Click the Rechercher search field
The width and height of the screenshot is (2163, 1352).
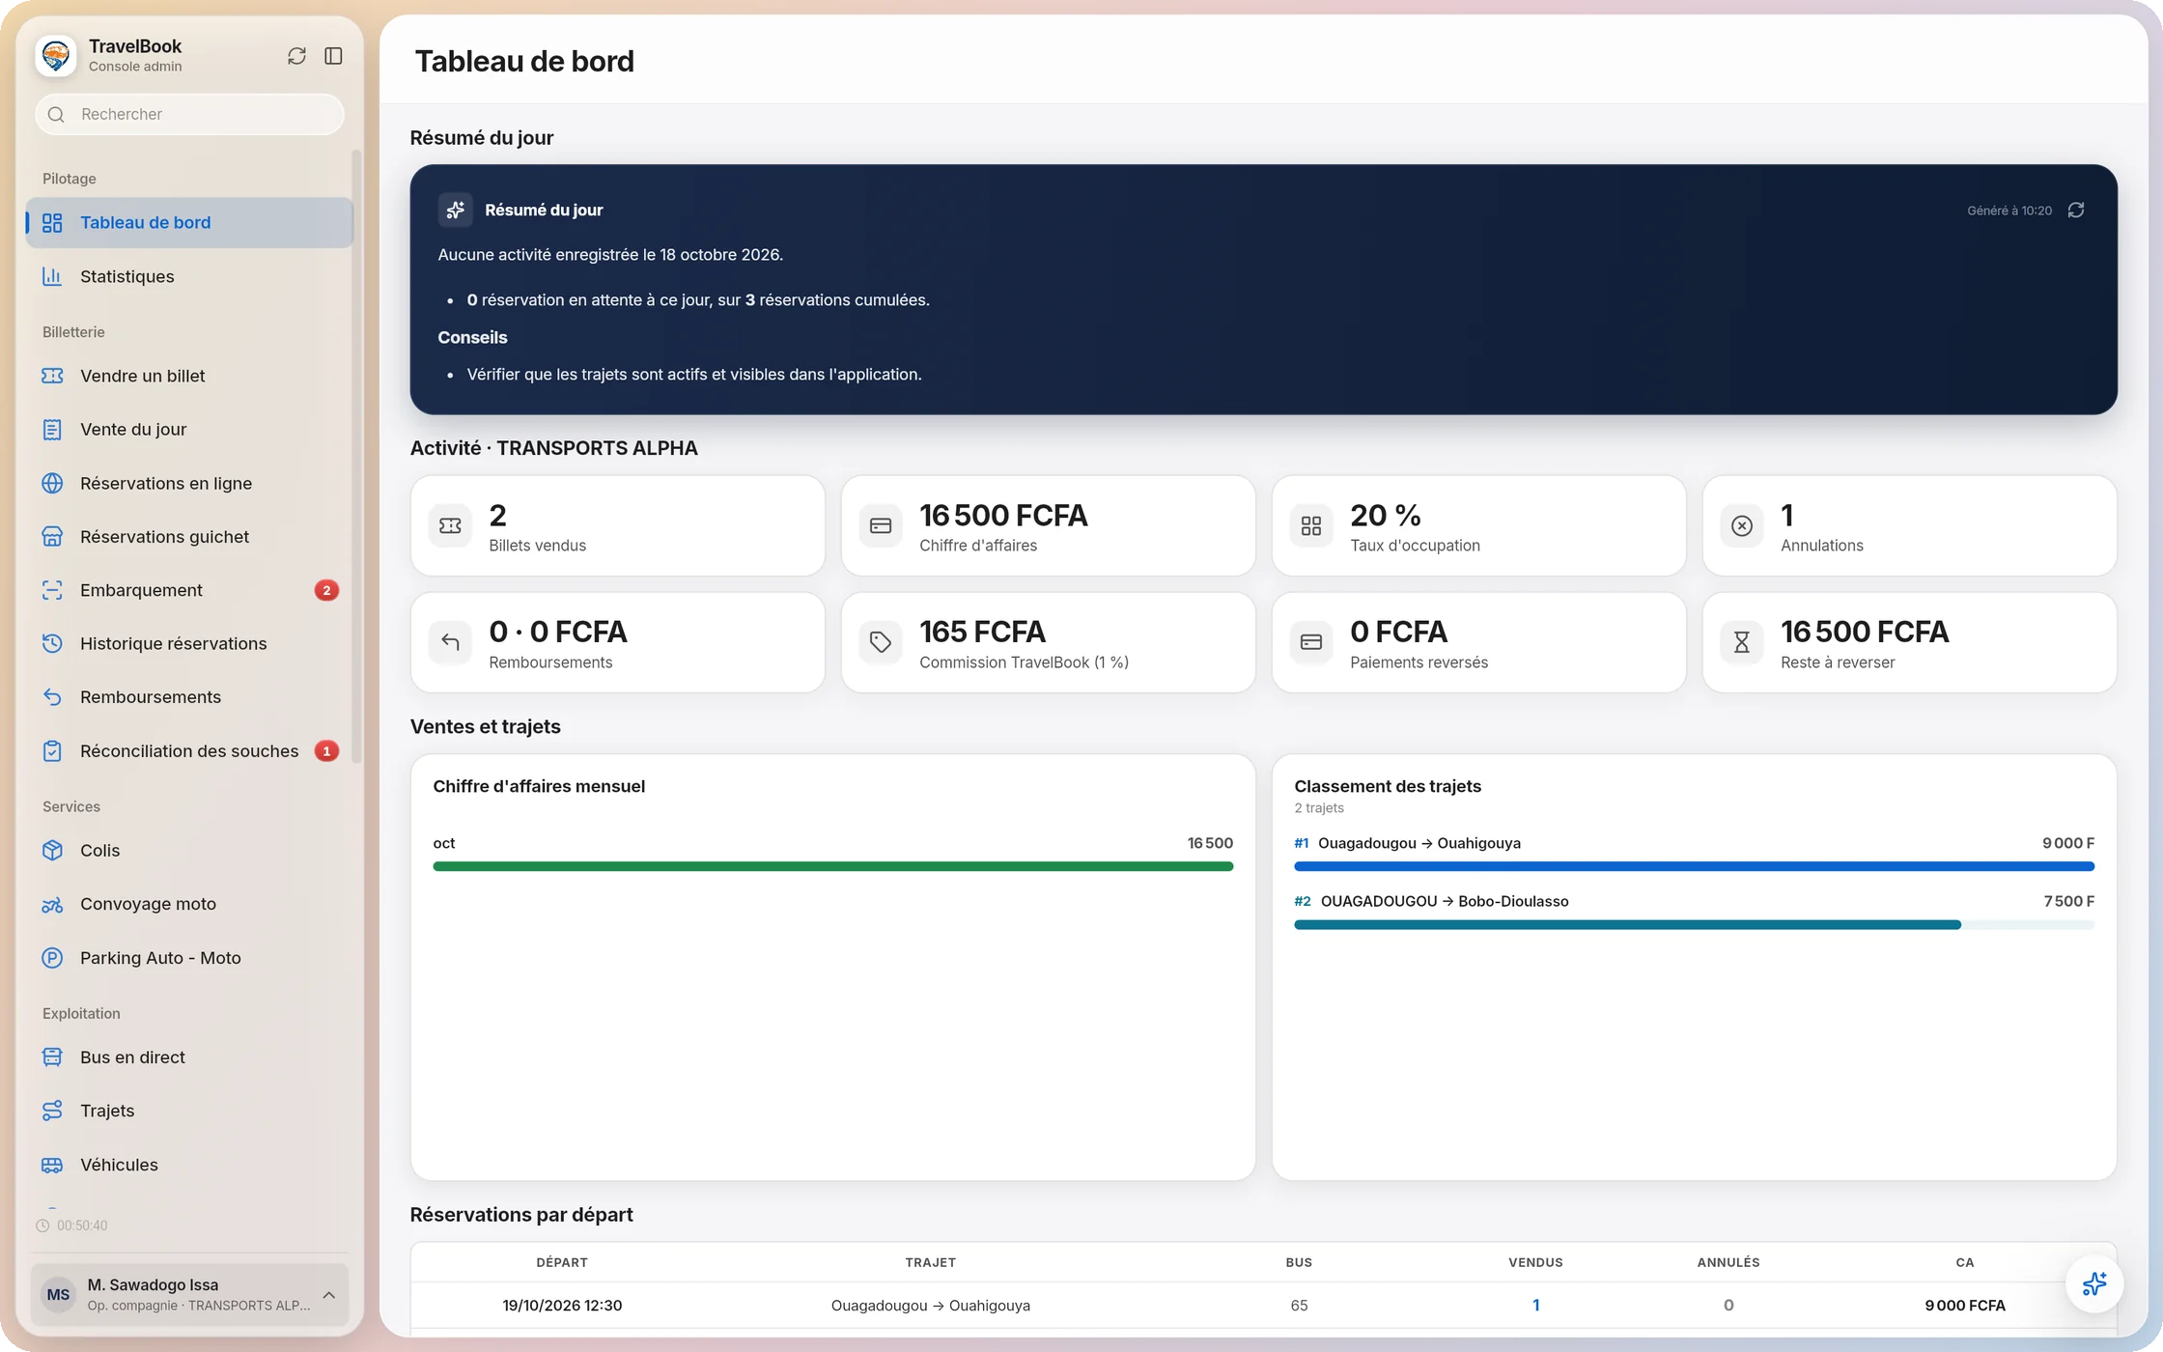point(189,114)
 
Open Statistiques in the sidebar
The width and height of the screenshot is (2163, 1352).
point(126,276)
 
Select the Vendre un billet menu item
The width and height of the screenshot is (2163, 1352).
point(142,376)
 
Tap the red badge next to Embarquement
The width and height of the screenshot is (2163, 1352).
point(326,590)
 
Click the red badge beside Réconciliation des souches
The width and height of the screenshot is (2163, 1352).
point(326,750)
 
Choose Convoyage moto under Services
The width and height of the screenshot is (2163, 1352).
point(148,904)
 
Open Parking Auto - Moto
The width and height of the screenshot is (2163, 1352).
point(160,958)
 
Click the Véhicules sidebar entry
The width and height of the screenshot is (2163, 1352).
point(119,1165)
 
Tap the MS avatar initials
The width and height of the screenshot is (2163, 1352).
point(58,1294)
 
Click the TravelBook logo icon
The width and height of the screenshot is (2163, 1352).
point(56,55)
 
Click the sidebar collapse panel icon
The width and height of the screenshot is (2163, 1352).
point(333,56)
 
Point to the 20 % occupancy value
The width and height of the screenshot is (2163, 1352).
point(1385,516)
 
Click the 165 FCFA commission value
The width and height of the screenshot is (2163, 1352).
point(982,632)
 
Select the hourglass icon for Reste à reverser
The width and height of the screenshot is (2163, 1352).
point(1741,642)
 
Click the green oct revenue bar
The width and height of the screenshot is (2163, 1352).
point(832,866)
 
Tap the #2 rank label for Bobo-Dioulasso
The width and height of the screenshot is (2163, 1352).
point(1303,901)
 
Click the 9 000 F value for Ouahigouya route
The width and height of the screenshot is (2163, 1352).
point(2067,843)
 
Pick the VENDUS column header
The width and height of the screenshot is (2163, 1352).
point(1535,1262)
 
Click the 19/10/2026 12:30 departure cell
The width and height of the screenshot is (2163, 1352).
point(562,1306)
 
